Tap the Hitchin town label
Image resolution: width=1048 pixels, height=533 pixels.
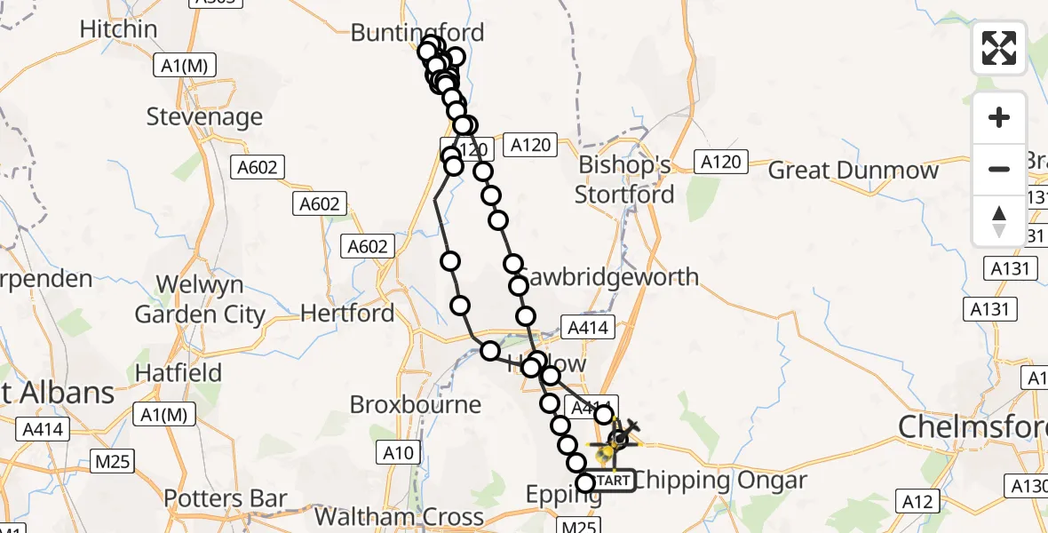pos(118,29)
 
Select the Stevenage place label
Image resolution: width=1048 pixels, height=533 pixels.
pos(204,116)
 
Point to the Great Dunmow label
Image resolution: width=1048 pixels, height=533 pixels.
pos(853,171)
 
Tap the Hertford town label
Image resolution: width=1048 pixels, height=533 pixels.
pos(347,313)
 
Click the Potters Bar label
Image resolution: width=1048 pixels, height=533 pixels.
pos(226,499)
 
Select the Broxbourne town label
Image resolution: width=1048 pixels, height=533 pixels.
pos(416,405)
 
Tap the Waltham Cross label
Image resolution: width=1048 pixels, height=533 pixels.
pos(400,517)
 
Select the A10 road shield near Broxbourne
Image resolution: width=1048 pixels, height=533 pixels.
pos(398,454)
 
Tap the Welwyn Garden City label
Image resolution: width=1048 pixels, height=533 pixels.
pos(200,300)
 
